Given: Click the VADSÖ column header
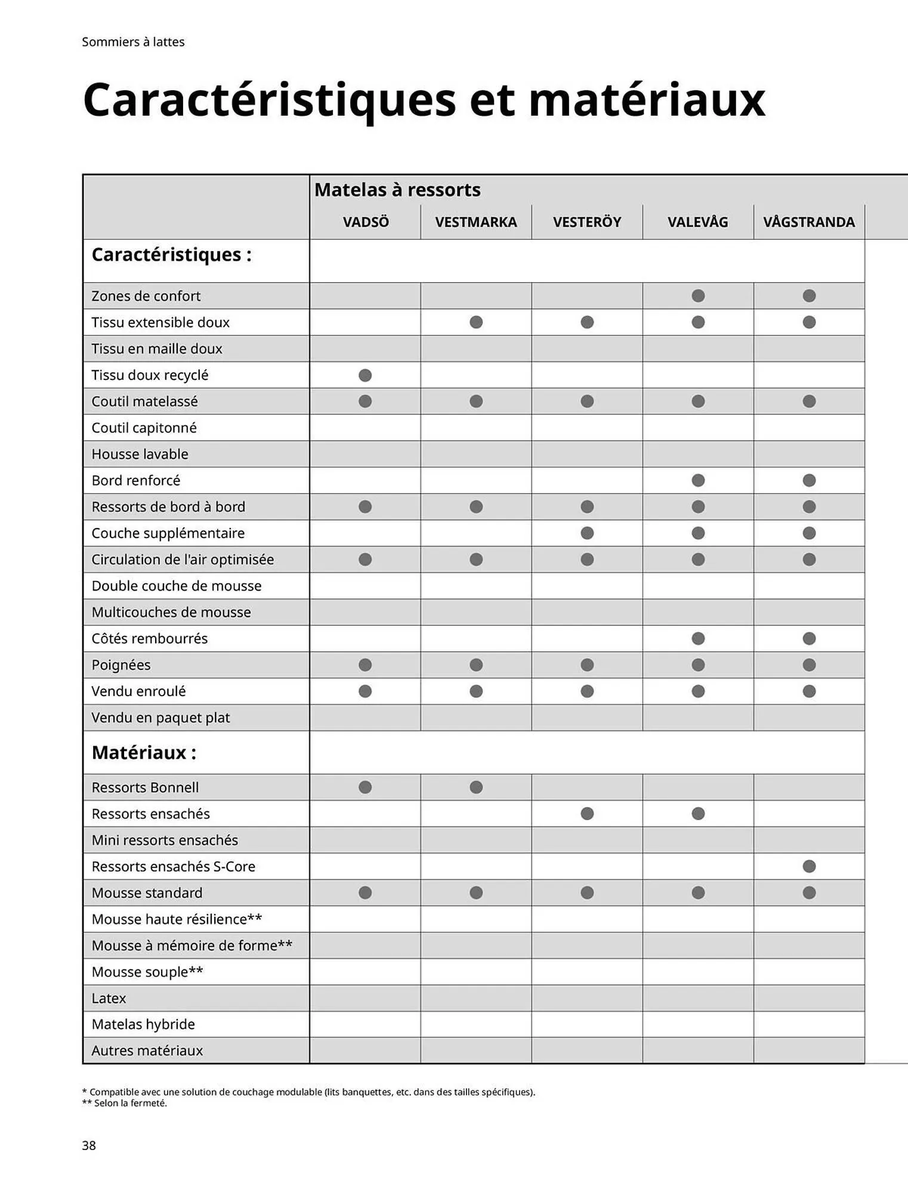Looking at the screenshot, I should point(365,222).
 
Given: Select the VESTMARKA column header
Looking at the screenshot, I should point(475,222).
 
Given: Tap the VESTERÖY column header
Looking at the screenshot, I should point(586,222).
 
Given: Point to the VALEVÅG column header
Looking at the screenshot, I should point(697,222).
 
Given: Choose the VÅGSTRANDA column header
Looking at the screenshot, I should point(808,222).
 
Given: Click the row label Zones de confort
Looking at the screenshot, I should point(146,296).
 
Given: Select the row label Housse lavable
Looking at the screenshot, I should point(140,454).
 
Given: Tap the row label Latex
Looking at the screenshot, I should point(109,998).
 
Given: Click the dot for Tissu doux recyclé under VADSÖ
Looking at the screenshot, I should point(365,375).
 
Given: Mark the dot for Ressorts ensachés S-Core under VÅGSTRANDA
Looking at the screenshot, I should point(809,866).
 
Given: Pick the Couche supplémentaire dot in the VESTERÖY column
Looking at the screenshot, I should point(587,533).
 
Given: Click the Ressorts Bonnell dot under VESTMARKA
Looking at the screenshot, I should point(476,787).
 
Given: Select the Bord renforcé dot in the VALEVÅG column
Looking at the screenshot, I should point(698,480).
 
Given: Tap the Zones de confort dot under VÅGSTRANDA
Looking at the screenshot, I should point(809,296).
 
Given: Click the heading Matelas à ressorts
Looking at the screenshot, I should point(397,190).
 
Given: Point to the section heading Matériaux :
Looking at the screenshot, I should point(144,753).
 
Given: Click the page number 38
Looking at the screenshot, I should point(89,1145).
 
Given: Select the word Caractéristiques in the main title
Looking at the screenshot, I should point(269,99).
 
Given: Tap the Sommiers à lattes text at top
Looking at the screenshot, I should point(133,42).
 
